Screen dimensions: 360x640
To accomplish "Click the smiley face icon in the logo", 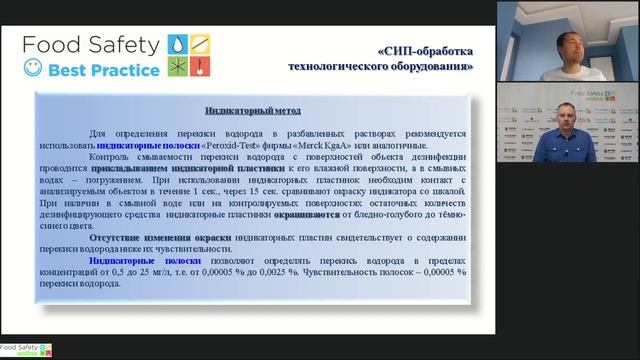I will [35, 69].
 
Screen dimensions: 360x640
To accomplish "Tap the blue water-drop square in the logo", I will [177, 45].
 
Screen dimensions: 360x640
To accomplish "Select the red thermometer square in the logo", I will [199, 67].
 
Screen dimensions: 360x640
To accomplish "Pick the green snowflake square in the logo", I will [177, 67].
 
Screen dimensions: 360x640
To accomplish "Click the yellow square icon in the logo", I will [199, 45].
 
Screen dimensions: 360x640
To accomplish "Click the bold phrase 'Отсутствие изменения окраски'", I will [151, 236].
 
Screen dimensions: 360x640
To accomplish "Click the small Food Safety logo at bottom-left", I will [26, 349].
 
